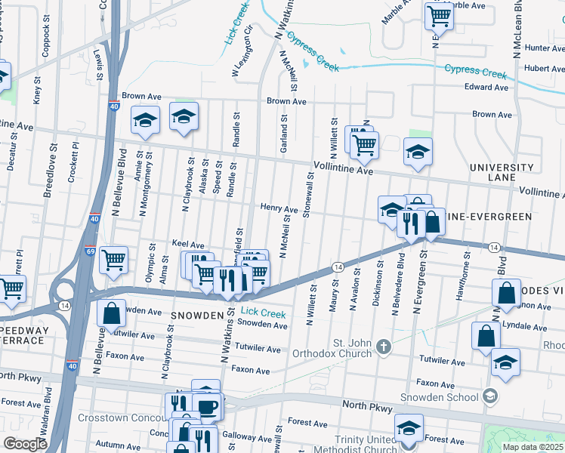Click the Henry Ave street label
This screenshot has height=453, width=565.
pos(279,208)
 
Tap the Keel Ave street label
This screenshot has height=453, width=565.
pos(188,245)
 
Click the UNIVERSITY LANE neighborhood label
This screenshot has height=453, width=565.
pos(502,172)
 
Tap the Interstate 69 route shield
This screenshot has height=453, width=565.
pos(90,251)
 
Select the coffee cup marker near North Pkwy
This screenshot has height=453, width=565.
pos(208,407)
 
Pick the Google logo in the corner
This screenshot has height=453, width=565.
pos(25,444)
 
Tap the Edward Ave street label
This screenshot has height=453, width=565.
pos(486,88)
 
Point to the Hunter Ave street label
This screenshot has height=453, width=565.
pos(544,48)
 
